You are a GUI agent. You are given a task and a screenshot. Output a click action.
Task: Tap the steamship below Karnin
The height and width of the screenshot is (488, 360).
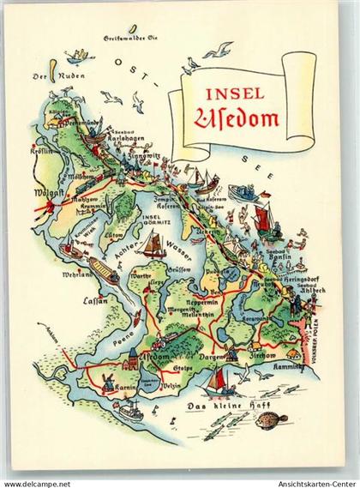pos(131,412)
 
